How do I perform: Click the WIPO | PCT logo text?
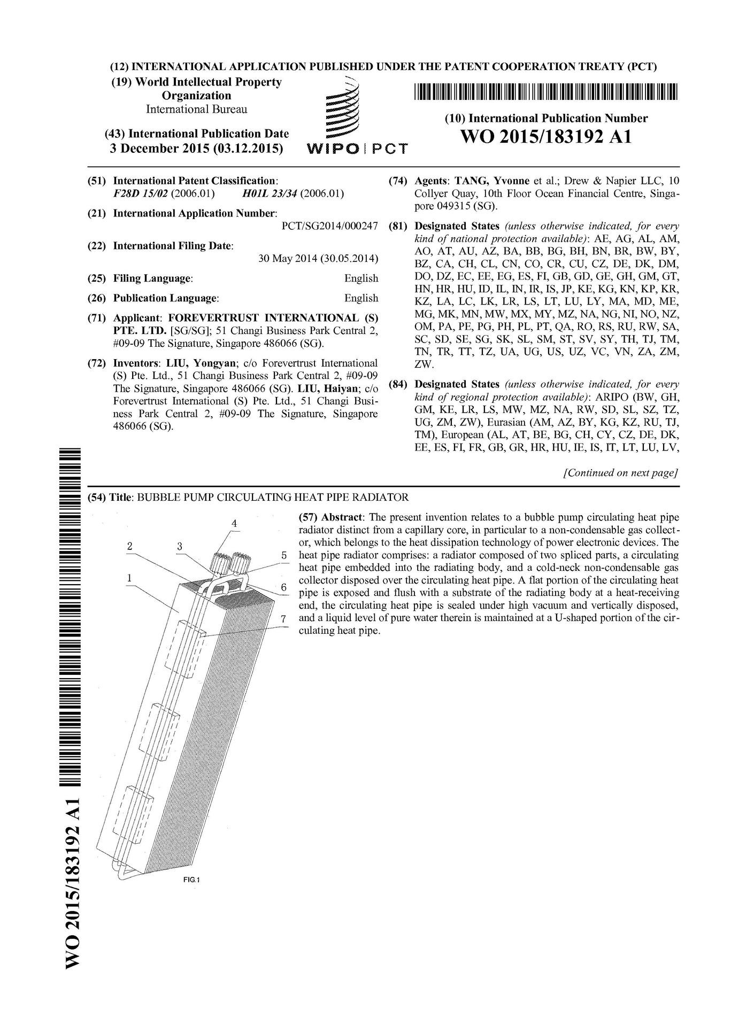[357, 149]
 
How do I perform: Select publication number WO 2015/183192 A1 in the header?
[546, 137]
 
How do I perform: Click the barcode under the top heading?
[546, 92]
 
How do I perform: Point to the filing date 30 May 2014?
[318, 259]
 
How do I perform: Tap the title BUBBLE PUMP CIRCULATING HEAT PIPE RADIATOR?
[273, 498]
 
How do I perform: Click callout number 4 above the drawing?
[234, 524]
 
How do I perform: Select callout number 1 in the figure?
[129, 577]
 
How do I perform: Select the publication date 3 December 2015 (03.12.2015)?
[196, 149]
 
